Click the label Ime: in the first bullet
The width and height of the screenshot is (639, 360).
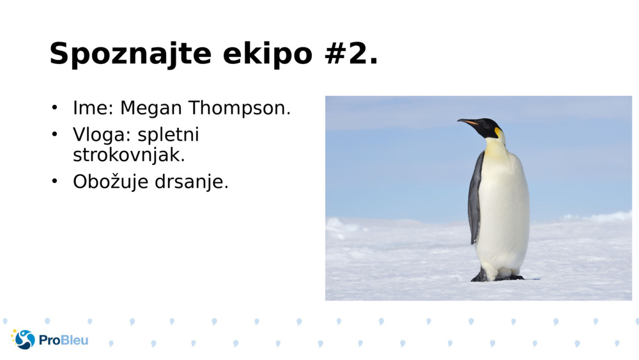coord(93,108)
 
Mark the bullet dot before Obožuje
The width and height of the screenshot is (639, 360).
coord(55,182)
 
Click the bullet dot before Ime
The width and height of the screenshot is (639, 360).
coord(55,107)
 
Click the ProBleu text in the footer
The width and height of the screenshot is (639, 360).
coord(63,340)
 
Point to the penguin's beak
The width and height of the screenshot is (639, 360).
coord(468,121)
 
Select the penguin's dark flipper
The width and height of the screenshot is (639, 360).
coord(475,198)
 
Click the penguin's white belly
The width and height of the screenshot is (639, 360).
coord(505,211)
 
